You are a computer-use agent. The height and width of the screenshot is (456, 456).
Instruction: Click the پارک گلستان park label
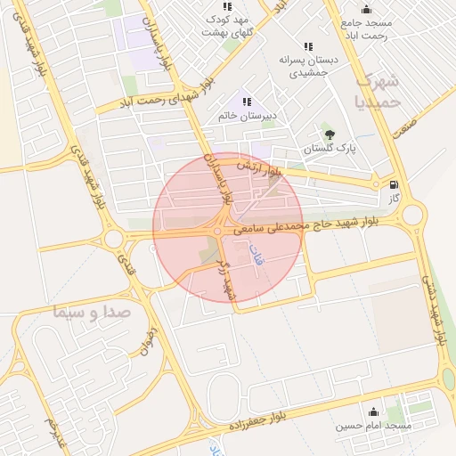[330, 150]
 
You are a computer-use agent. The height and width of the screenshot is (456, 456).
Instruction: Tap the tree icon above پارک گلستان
[330, 134]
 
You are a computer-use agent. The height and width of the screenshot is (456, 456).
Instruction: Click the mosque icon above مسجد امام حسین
[373, 411]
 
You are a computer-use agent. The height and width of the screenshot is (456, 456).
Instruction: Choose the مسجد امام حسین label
[373, 426]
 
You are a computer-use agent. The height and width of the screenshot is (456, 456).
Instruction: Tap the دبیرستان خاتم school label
[247, 117]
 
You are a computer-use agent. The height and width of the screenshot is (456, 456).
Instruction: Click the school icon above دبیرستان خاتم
[247, 102]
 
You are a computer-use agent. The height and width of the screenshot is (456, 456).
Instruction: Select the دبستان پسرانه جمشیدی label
[307, 66]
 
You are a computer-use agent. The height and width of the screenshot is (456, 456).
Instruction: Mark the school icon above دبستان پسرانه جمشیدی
[308, 46]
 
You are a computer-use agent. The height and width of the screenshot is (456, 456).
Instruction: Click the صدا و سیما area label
[92, 313]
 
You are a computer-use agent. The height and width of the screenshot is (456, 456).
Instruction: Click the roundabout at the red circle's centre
[217, 232]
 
